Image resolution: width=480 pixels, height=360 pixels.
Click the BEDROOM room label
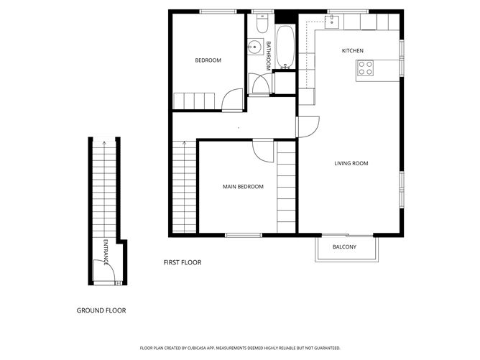pyautogui.click(x=208, y=60)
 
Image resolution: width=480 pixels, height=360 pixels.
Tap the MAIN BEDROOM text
pyautogui.click(x=243, y=187)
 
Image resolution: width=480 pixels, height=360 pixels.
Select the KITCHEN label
pyautogui.click(x=353, y=50)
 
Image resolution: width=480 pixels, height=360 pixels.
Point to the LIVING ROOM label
pyautogui.click(x=351, y=163)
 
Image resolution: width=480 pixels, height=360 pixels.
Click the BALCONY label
pyautogui.click(x=343, y=248)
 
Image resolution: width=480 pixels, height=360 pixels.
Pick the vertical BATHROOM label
pyautogui.click(x=267, y=55)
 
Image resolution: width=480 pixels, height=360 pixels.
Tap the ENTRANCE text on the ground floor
pyautogui.click(x=106, y=252)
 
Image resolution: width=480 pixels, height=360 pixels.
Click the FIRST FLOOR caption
pyautogui.click(x=183, y=263)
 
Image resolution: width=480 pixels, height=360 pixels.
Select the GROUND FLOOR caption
pyautogui.click(x=101, y=310)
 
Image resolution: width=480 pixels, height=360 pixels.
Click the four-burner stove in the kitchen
pyautogui.click(x=366, y=69)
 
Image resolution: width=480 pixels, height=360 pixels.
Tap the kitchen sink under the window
pyautogui.click(x=332, y=22)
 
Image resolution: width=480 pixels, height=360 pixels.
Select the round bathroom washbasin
pyautogui.click(x=254, y=47)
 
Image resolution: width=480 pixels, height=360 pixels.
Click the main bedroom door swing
pyautogui.click(x=263, y=149)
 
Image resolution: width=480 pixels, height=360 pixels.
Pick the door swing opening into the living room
pyautogui.click(x=308, y=126)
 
